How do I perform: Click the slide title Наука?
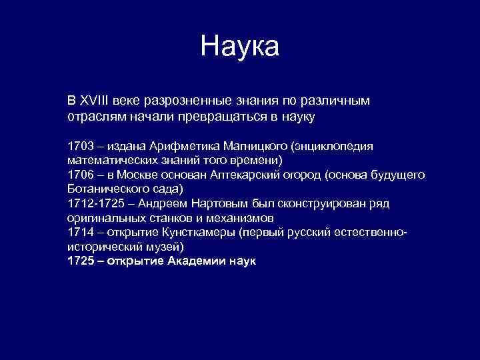click(x=240, y=47)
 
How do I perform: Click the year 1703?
click(x=81, y=146)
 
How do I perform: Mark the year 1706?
click(x=81, y=175)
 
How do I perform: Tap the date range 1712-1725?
click(x=97, y=203)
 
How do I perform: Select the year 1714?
click(x=81, y=232)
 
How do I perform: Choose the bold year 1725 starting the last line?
click(x=81, y=261)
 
